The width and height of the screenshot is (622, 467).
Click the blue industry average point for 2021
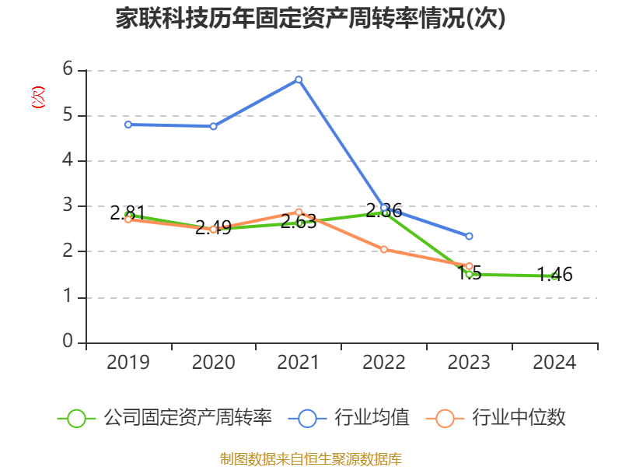point(299,79)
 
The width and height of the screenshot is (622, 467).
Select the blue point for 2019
point(128,125)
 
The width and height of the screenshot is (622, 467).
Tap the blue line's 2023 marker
point(469,236)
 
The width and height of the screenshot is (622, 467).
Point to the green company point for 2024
point(554,276)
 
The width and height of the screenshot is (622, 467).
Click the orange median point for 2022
point(384,249)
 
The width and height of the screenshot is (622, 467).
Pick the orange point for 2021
point(299,212)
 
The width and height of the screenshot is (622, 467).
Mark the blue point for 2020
point(213,126)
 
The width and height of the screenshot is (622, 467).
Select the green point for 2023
point(469,274)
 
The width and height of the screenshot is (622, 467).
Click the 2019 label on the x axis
point(128,362)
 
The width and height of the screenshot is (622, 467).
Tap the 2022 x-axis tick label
point(384,362)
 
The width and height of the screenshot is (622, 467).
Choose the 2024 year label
point(554,362)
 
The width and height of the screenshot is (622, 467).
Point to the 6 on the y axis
point(68,69)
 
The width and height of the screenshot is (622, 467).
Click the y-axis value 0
point(68,342)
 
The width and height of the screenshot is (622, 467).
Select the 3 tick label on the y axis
point(68,205)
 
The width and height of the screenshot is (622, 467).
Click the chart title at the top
point(311,19)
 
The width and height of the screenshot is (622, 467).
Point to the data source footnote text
point(311,458)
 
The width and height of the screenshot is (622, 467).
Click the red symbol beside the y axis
point(37,97)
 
